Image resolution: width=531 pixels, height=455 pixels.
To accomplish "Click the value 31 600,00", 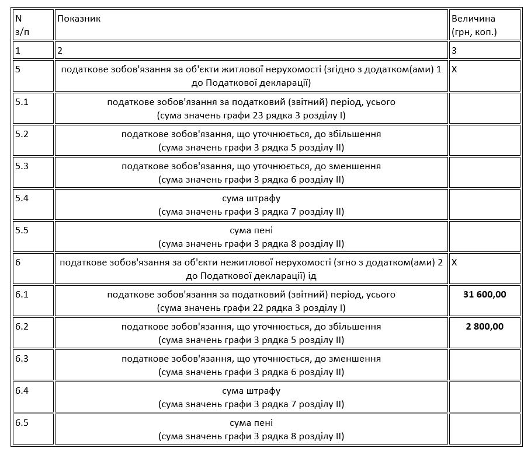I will (484, 295).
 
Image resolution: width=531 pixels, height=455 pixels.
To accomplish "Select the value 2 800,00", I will (484, 327).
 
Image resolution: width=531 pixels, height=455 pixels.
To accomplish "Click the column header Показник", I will (79, 19).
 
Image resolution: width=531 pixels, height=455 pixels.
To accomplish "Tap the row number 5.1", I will (22, 102).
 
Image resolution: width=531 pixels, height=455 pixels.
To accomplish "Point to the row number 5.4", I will (22, 198).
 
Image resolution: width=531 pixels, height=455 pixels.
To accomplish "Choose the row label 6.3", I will (22, 359).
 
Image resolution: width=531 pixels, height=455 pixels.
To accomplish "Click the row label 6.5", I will (22, 423).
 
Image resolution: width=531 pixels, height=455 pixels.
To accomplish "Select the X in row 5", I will (455, 70).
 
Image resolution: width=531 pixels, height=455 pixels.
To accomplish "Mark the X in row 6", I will (455, 262).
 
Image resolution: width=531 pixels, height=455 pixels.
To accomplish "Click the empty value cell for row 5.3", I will (484, 172).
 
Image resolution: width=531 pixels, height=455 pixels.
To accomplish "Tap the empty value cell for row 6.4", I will (484, 397).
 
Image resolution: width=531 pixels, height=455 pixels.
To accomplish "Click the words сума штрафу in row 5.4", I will (251, 198).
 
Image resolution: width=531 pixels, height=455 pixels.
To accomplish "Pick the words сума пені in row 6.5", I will (251, 423).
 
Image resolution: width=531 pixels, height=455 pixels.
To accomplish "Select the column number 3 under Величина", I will (454, 50).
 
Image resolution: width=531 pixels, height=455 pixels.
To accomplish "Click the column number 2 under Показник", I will (60, 50).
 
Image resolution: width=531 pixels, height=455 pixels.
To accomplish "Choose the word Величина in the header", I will (473, 19).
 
